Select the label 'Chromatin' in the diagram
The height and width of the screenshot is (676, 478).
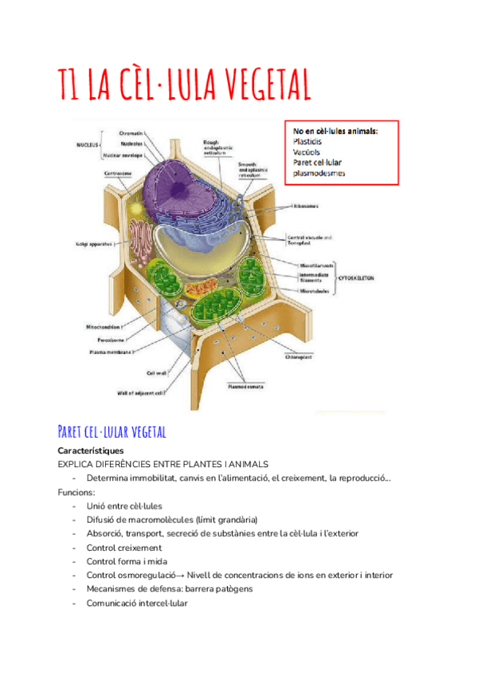pyautogui.click(x=131, y=132)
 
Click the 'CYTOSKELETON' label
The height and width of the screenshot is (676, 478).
pyautogui.click(x=357, y=278)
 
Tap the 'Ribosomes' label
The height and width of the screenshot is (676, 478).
pyautogui.click(x=308, y=206)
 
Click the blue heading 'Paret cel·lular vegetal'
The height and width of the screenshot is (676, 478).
pyautogui.click(x=112, y=432)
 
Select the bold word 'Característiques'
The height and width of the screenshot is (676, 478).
pyautogui.click(x=86, y=451)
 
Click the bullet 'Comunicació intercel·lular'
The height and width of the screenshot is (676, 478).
pyautogui.click(x=137, y=603)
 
